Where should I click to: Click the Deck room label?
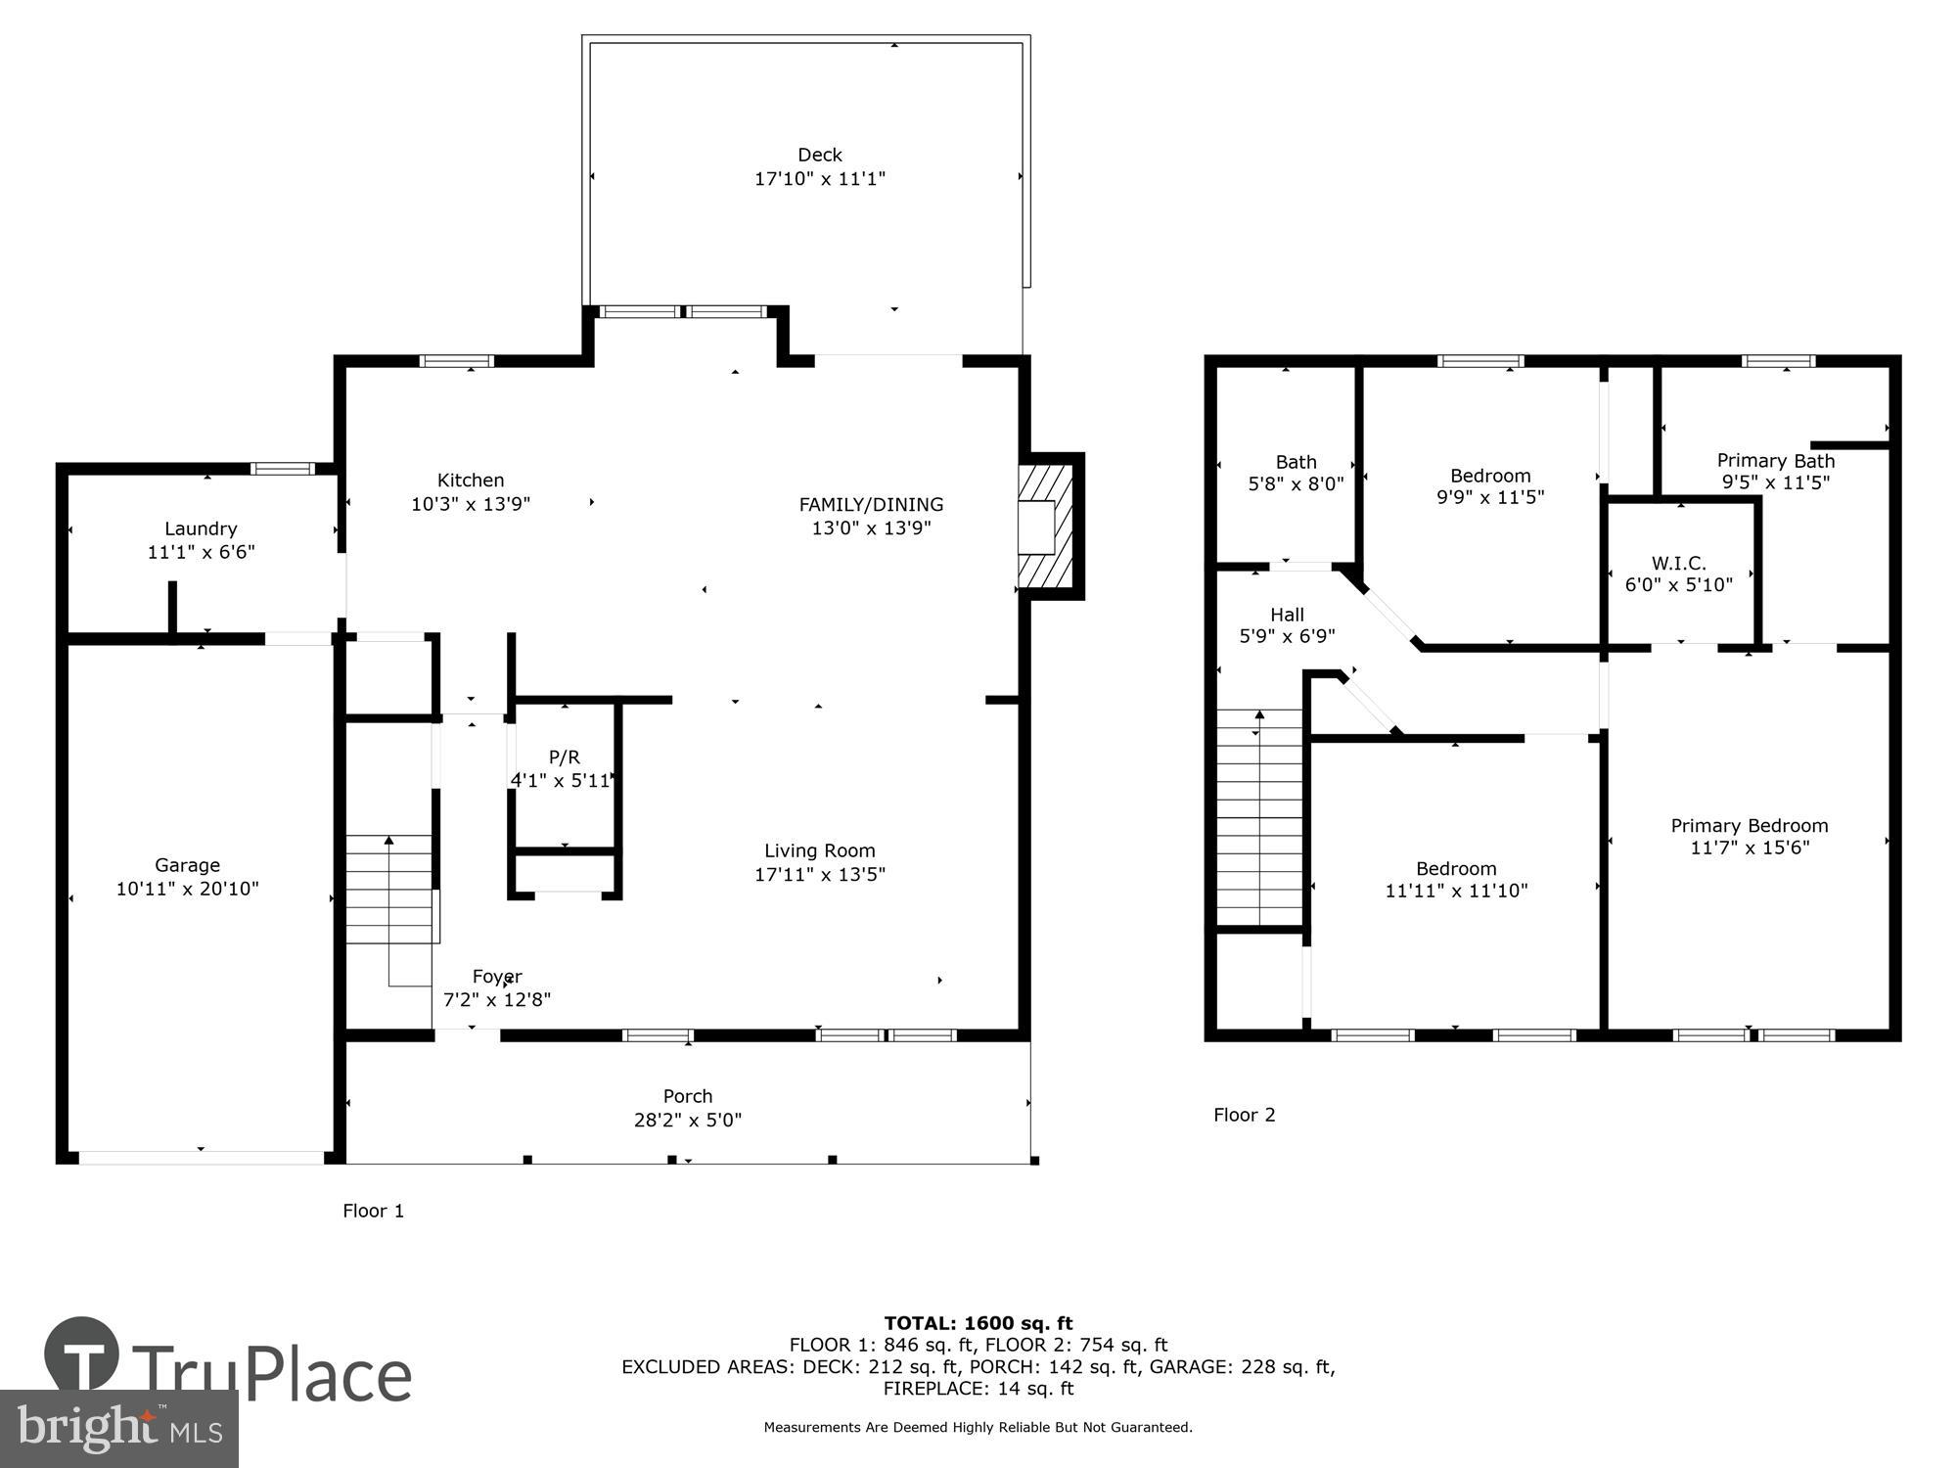pos(819,155)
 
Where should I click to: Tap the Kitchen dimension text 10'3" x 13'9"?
pos(471,504)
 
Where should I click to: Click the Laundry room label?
pos(201,528)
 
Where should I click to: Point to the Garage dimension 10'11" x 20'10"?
pos(187,889)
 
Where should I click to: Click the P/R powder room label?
pos(564,757)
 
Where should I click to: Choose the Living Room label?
pos(819,850)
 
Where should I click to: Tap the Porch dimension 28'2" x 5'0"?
pos(687,1120)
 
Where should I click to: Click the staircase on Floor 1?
pos(388,889)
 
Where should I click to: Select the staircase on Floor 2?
pos(1259,817)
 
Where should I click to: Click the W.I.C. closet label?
pos(1678,563)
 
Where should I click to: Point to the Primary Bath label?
pos(1775,460)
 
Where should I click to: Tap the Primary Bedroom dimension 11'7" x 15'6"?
pos(1750,848)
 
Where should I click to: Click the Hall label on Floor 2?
pos(1287,615)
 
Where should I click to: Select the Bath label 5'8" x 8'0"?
pos(1296,462)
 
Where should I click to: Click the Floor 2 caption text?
pos(1244,1115)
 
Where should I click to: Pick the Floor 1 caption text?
pos(373,1211)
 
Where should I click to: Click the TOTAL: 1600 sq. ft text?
pos(978,1323)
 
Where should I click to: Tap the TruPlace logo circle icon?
pos(82,1355)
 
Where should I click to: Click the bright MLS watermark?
pos(119,1428)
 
